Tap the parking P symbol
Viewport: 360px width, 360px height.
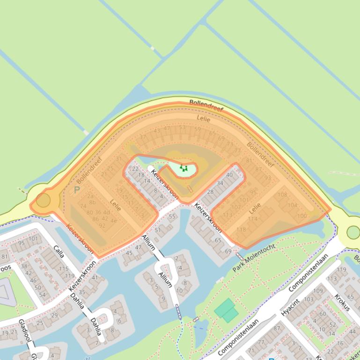coord(77,190)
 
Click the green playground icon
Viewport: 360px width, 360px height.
coord(184,167)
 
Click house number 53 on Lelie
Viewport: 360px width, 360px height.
coord(182,127)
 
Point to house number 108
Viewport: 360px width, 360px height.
coord(282,194)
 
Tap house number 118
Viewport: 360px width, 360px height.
coord(242,230)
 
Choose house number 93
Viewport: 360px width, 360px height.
coord(268,178)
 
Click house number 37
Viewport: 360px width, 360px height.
coord(143,137)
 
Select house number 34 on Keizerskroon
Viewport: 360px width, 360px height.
coord(220,183)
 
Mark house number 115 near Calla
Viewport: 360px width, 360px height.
coord(64,268)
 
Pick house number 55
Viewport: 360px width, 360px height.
coord(172,216)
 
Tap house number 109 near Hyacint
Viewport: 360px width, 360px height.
coord(318,291)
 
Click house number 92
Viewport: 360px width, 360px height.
coord(102,225)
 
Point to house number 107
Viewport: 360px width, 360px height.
coord(236,207)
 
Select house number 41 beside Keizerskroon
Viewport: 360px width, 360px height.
coord(95,277)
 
